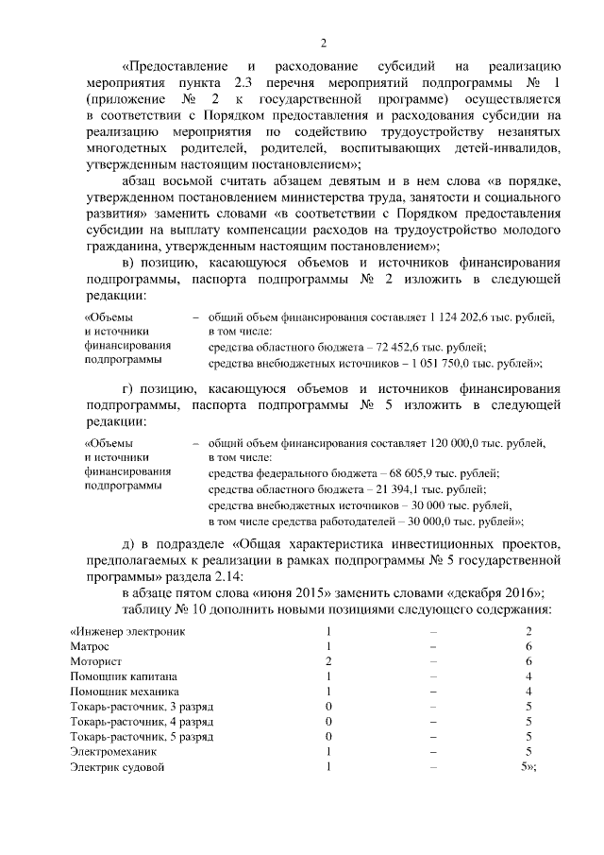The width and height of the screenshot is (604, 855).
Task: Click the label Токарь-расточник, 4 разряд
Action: [142, 722]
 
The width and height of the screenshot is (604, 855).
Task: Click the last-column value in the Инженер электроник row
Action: [528, 630]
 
